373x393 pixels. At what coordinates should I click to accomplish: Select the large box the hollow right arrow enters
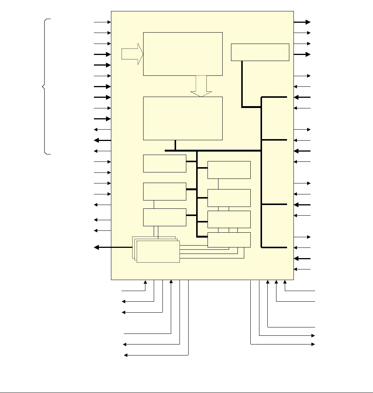[183, 54]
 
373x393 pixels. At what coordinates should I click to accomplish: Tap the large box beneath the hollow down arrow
[183, 118]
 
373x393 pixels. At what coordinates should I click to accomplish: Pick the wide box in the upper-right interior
[260, 52]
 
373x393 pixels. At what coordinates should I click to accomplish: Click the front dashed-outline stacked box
[158, 251]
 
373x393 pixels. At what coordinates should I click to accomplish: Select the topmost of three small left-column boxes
[165, 163]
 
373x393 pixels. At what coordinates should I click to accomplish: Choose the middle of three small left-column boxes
[165, 191]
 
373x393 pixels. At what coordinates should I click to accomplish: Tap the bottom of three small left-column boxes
[165, 217]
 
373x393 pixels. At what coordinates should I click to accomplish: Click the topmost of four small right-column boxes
[229, 170]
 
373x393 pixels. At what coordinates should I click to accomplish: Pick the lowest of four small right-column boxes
[229, 240]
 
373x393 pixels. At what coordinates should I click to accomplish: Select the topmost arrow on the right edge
[302, 22]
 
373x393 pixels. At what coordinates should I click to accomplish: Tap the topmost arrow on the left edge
[102, 22]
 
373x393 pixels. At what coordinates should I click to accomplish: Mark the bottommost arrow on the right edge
[302, 269]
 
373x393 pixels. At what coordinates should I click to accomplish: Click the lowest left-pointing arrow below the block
[156, 355]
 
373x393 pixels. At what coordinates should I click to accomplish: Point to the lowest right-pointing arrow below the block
[282, 344]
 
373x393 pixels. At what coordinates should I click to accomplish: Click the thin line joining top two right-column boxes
[218, 184]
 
